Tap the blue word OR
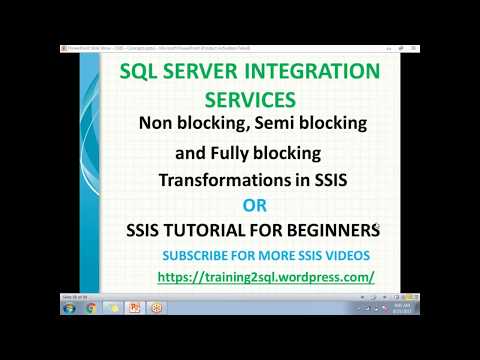(258, 206)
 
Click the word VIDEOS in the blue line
(346, 255)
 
